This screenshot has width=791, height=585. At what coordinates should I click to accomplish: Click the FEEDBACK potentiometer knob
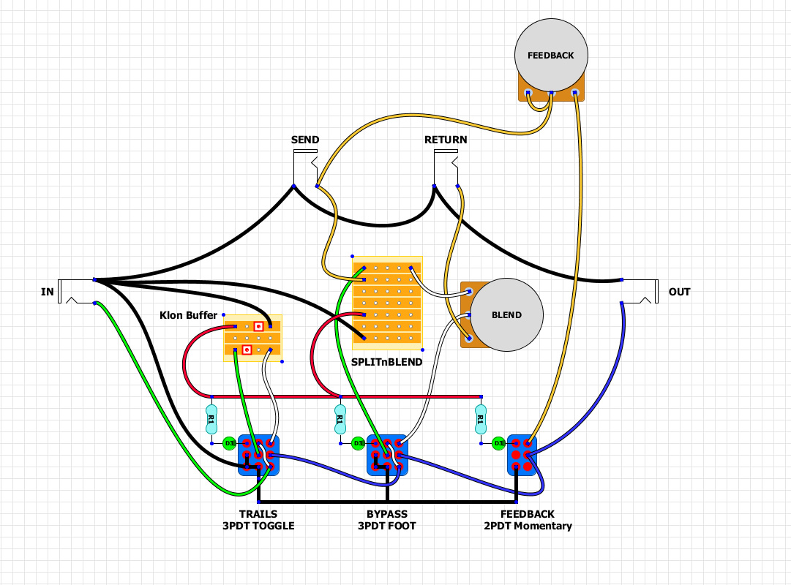[551, 56]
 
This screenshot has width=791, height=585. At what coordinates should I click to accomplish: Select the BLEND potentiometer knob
[506, 315]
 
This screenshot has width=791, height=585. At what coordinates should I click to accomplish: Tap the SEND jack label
[305, 140]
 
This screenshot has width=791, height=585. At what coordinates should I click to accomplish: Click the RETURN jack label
[446, 140]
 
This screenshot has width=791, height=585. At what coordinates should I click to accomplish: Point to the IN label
[48, 292]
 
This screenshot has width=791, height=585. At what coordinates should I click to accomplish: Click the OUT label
[679, 292]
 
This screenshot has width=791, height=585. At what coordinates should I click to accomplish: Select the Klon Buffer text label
[188, 315]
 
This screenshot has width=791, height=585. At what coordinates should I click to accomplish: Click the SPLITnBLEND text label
[387, 361]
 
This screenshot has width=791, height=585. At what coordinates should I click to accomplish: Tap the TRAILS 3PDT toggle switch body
[258, 455]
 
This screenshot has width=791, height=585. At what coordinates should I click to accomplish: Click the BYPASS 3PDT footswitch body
[386, 455]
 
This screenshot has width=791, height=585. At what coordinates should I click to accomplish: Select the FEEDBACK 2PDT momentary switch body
[522, 455]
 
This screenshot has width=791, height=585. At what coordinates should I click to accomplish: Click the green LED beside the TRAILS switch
[229, 443]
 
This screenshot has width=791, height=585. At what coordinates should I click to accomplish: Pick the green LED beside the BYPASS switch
[358, 443]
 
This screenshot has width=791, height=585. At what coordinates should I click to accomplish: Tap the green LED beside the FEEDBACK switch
[498, 443]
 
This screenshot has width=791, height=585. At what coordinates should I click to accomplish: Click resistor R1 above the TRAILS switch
[211, 420]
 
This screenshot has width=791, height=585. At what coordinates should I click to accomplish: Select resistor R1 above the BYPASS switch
[340, 420]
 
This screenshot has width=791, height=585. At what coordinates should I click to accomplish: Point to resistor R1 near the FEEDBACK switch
[480, 420]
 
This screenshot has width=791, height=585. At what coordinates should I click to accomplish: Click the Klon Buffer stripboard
[252, 338]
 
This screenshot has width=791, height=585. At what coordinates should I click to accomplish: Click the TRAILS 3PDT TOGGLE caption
[258, 520]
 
